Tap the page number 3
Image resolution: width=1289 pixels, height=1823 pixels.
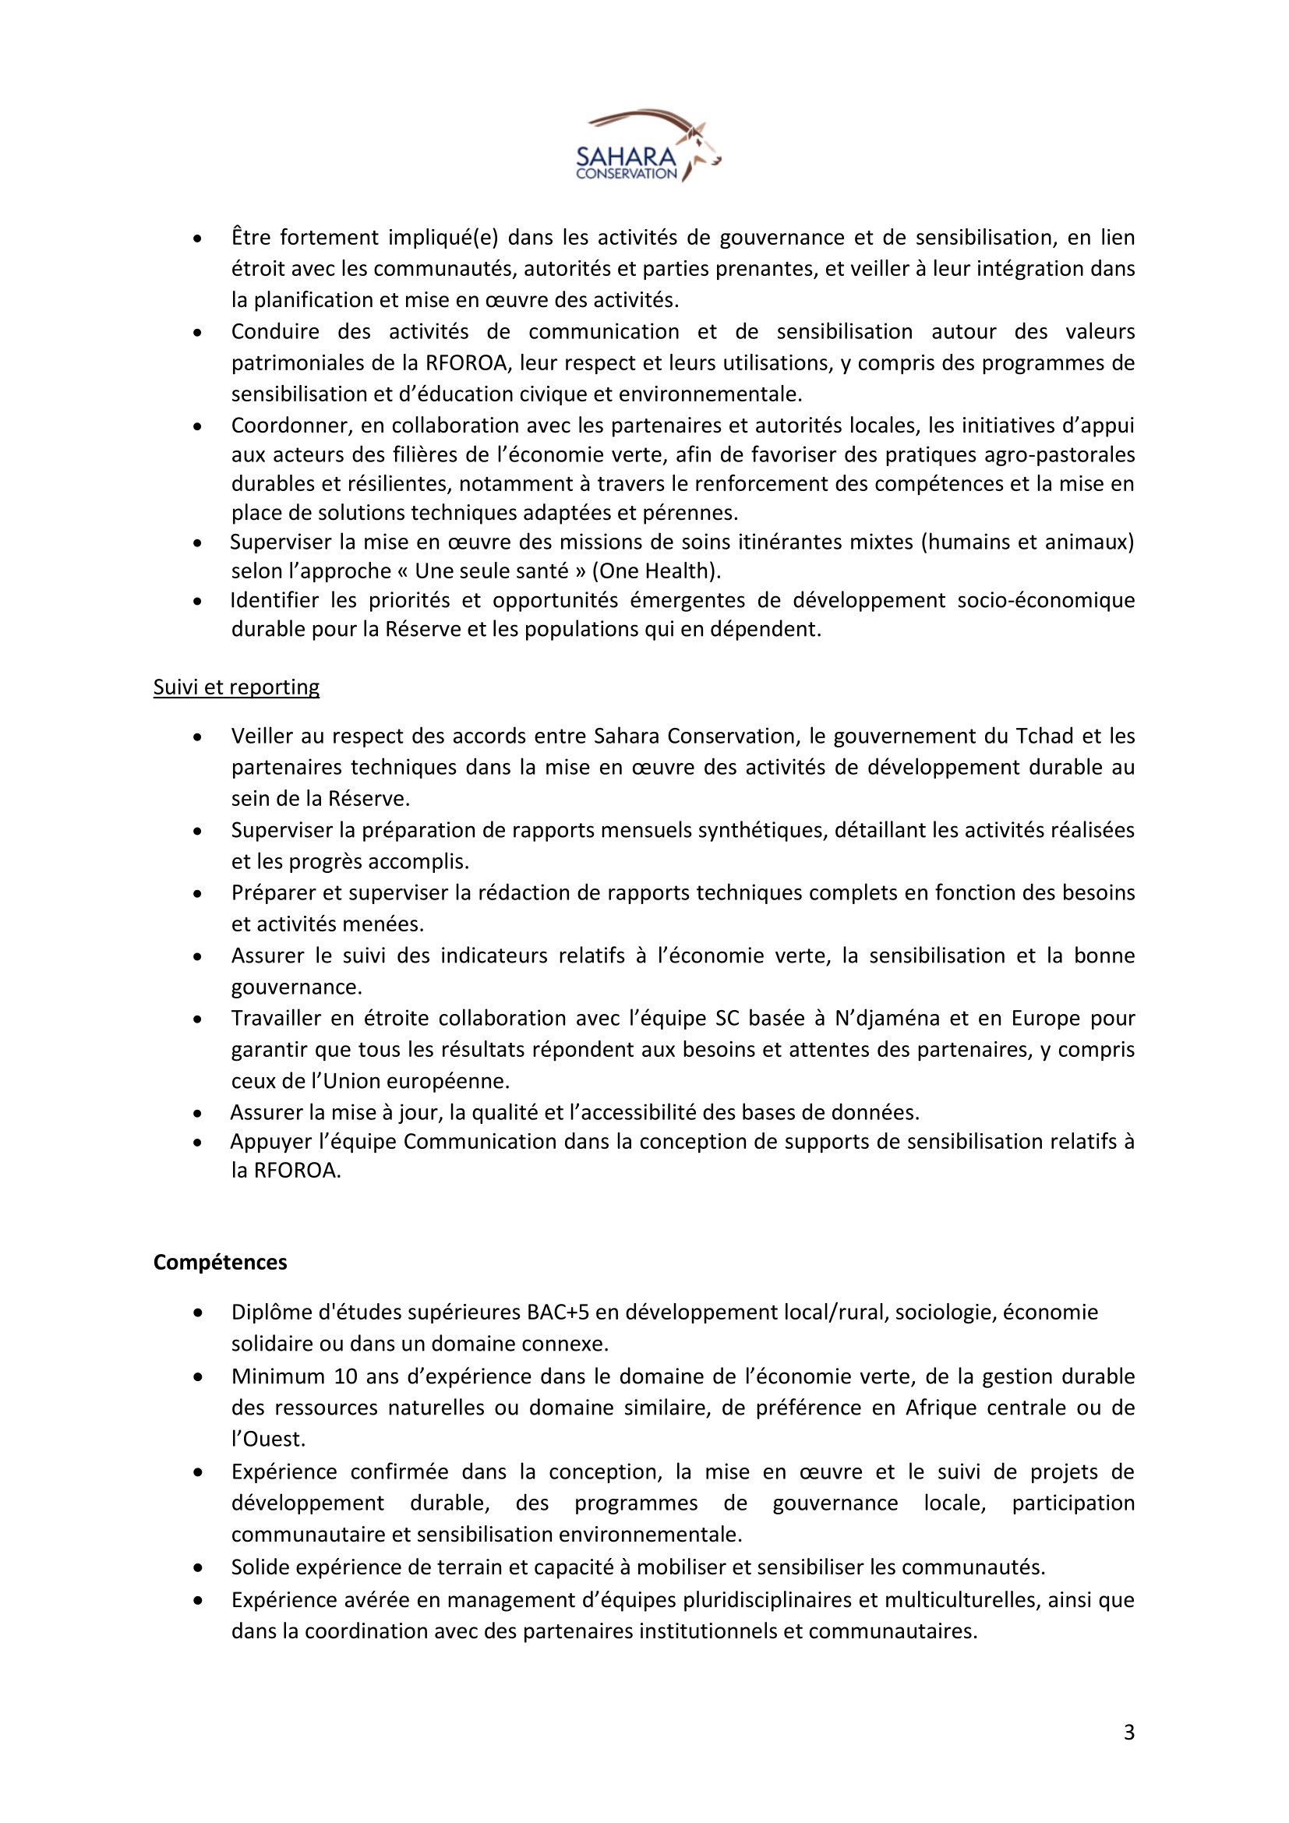tap(1128, 1733)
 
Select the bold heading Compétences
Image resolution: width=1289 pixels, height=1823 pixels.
tap(220, 1263)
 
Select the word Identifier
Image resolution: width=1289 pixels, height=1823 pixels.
tap(274, 600)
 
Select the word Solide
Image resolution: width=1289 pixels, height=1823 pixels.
tap(259, 1567)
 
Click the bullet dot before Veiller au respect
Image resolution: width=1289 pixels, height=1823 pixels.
tap(199, 737)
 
